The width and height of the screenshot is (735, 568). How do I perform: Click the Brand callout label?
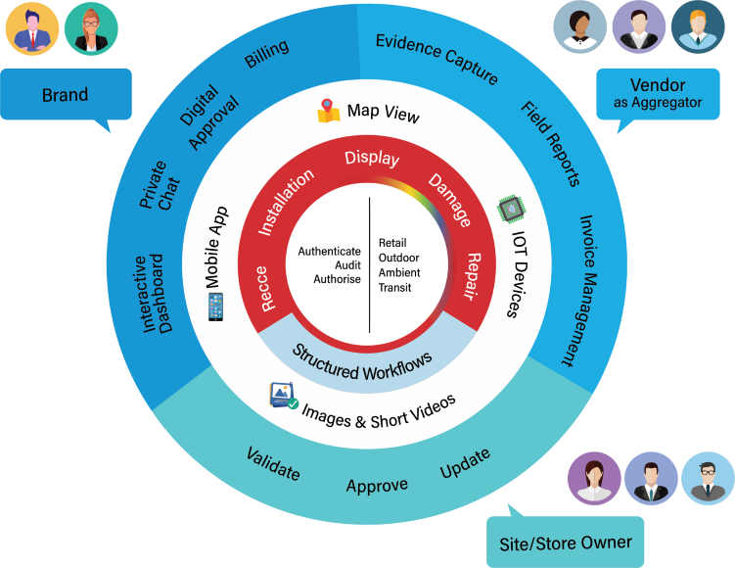[x=65, y=95]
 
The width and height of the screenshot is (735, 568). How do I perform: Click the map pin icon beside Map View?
[x=328, y=111]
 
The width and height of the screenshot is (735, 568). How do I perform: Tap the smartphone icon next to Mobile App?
[x=215, y=307]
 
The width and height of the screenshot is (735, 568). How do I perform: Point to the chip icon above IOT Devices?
[x=509, y=208]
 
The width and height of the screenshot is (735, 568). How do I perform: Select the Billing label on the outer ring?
[x=266, y=55]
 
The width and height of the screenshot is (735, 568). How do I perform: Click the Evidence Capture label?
[x=436, y=59]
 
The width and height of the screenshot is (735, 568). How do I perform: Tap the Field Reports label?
[x=550, y=143]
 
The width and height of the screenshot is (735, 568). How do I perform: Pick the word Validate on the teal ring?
[x=273, y=463]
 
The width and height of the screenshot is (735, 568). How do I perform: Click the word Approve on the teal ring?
[x=377, y=485]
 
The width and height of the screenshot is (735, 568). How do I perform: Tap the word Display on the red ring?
[x=372, y=158]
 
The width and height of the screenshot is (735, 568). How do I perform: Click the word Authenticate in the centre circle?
[x=330, y=251]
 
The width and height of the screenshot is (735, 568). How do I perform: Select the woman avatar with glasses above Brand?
[x=90, y=28]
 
